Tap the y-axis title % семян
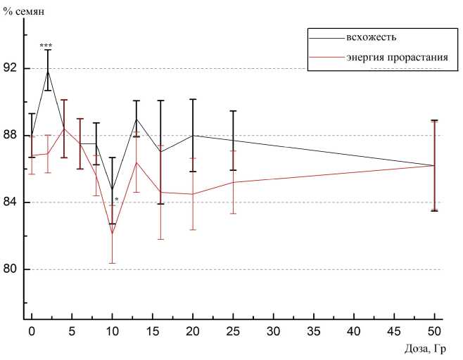pos(23,8)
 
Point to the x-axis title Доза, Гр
pos(426,348)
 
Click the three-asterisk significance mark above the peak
pos(46,46)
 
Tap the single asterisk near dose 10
pos(116,200)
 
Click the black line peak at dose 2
pos(48,70)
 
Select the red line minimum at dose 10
pos(112,234)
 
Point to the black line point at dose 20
pos(193,135)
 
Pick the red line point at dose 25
pos(233,182)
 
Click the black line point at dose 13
pos(137,119)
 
